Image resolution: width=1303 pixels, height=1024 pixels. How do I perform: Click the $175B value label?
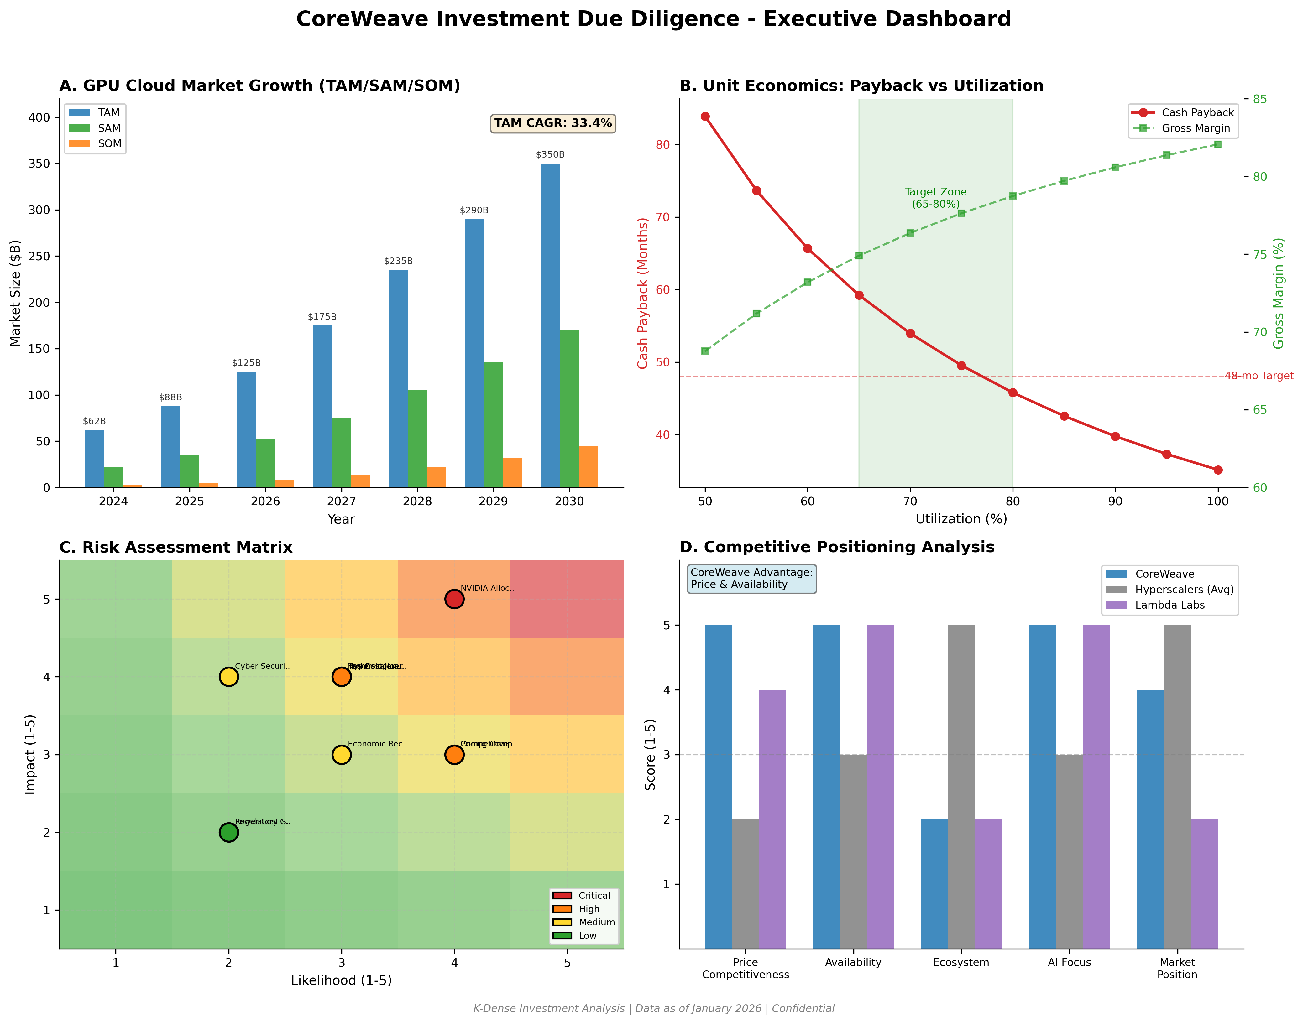[322, 317]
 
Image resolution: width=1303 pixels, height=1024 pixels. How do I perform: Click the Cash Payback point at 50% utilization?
[705, 116]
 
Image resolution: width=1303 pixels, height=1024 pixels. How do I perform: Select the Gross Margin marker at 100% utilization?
[1218, 144]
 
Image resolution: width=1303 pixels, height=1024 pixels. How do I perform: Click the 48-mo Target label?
[1259, 376]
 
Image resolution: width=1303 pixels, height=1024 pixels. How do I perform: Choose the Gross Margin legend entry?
[1195, 128]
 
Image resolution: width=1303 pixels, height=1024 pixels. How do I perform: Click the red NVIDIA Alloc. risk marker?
[454, 599]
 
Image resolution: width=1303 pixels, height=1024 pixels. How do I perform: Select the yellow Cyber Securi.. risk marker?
[228, 677]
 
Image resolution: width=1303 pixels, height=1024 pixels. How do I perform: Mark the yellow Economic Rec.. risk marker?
[341, 755]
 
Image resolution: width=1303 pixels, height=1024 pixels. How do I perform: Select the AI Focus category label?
[1069, 962]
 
